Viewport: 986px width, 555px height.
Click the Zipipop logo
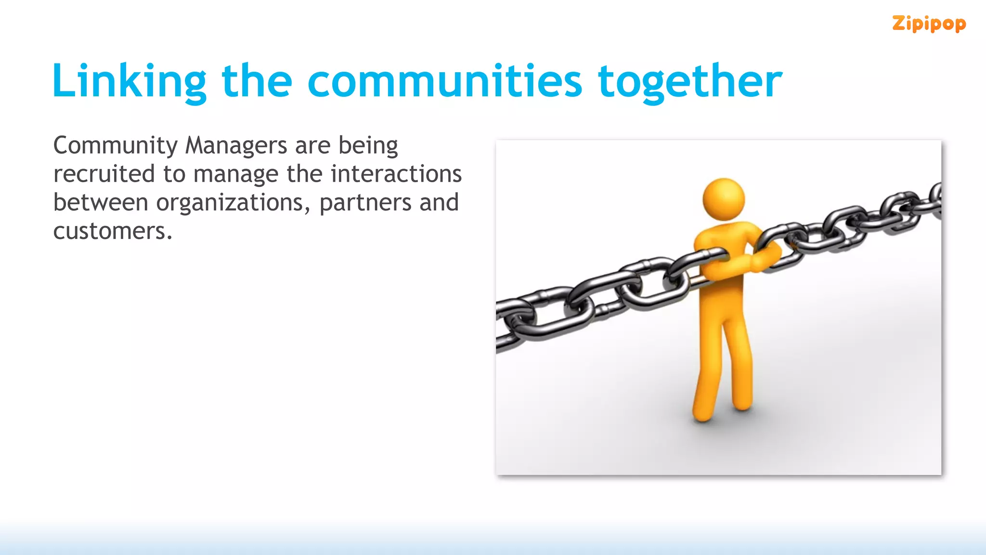929,24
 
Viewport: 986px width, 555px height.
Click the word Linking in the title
129,81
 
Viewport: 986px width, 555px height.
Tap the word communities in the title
444,80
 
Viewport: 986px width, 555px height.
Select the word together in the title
690,81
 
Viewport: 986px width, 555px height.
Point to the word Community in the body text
116,145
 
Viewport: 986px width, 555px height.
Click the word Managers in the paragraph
236,145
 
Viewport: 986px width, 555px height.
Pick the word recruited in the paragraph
104,174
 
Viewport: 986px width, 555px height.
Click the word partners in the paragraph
365,203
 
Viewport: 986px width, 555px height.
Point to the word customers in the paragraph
113,231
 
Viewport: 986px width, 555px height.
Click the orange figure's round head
723,199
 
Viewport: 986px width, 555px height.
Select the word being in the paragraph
368,145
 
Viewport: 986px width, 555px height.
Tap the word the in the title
257,80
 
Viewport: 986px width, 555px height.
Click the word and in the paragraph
439,202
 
